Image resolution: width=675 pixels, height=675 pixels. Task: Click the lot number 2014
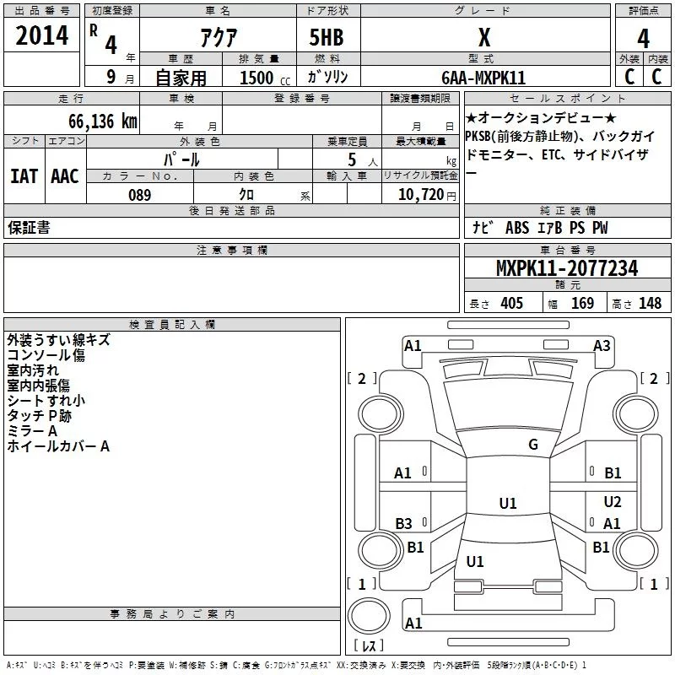pos(41,35)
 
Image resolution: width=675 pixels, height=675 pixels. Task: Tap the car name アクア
pos(219,37)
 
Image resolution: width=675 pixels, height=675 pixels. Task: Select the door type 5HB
pos(327,37)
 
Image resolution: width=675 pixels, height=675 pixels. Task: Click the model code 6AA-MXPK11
pos(483,78)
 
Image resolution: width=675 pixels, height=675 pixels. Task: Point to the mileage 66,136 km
pos(103,121)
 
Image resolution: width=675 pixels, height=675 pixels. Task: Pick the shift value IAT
pos(24,176)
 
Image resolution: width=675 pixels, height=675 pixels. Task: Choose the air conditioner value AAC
pos(65,176)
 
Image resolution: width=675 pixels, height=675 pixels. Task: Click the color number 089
pos(140,195)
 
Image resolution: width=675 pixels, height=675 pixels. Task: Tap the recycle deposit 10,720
pos(420,195)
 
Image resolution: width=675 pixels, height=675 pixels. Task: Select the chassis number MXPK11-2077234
pos(567,268)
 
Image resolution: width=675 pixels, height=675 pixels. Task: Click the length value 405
pos(512,303)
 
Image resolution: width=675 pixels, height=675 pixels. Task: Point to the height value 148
pos(650,303)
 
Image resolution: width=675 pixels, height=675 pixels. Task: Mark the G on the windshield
pos(533,444)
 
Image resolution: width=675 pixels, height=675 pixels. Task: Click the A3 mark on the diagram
pos(602,346)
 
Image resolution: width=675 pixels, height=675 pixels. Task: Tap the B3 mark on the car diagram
pos(403,523)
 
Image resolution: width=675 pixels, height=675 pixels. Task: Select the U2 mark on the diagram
pos(613,501)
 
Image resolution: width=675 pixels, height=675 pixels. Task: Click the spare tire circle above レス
pos(369,616)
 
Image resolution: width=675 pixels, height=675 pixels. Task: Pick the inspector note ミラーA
pos(32,431)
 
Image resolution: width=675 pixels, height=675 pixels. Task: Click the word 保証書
pos(29,227)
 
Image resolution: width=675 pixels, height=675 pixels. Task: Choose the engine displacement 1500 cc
pos(265,78)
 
